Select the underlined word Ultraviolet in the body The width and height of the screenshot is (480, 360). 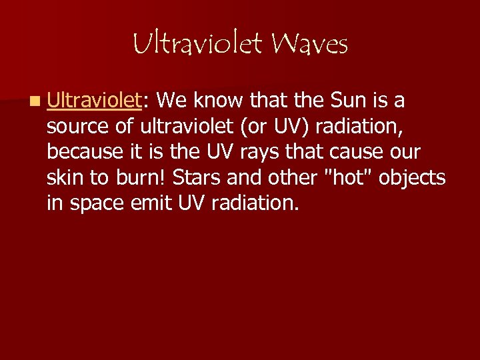(95, 101)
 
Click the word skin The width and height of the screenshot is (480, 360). (64, 177)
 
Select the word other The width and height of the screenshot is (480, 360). (287, 177)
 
